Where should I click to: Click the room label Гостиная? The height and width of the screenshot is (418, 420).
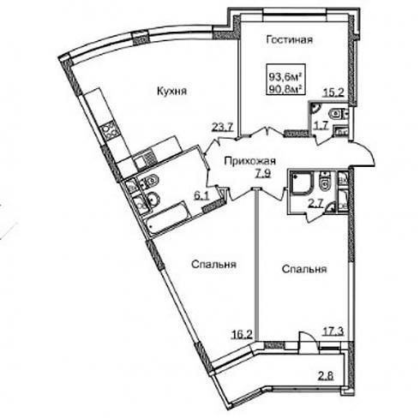click(x=290, y=39)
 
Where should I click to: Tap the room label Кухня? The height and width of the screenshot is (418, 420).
click(x=172, y=91)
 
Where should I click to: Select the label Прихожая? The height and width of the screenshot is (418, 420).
click(x=250, y=161)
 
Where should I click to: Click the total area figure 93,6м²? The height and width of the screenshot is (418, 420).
click(x=285, y=76)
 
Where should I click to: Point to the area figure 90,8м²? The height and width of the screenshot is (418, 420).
click(x=285, y=89)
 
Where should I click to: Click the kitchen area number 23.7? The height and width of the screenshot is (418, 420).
click(x=223, y=126)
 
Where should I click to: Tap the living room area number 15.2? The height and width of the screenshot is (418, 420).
click(x=333, y=93)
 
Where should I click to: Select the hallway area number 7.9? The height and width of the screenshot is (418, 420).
click(x=263, y=173)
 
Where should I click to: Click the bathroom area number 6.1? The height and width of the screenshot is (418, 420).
click(x=202, y=196)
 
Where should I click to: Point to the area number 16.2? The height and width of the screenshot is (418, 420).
click(x=242, y=335)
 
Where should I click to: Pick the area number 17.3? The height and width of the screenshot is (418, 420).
click(x=333, y=331)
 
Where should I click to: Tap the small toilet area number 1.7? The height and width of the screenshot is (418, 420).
click(x=321, y=125)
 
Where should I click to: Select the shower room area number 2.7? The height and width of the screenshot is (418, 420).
click(x=315, y=203)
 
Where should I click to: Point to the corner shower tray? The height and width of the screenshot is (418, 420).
click(x=302, y=183)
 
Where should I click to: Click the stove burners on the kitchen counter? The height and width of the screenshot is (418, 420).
click(x=110, y=131)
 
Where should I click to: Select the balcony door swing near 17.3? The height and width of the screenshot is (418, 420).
click(x=307, y=337)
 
